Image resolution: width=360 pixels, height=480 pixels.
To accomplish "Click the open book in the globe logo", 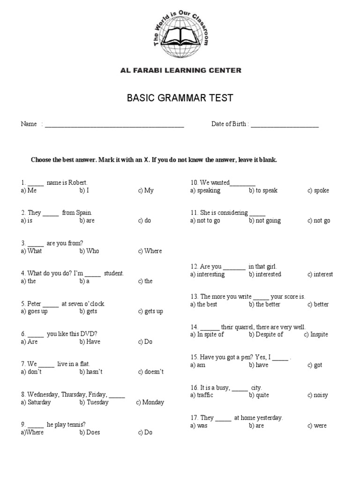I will pyautogui.click(x=180, y=36).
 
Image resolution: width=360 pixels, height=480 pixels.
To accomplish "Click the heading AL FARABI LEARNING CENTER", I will pyautogui.click(x=180, y=71).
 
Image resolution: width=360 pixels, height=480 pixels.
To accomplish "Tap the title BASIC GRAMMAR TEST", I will pyautogui.click(x=180, y=98).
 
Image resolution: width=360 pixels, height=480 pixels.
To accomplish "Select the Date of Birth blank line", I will pyautogui.click(x=285, y=125).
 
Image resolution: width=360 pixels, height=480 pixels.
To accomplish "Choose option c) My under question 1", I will pyautogui.click(x=146, y=191).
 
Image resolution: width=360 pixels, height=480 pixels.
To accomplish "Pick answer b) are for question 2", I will pyautogui.click(x=87, y=221).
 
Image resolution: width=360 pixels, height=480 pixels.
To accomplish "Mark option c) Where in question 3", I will pyautogui.click(x=150, y=251).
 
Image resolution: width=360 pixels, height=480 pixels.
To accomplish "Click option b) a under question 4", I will pyautogui.click(x=84, y=281).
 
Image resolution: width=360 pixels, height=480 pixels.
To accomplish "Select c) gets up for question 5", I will pyautogui.click(x=150, y=312).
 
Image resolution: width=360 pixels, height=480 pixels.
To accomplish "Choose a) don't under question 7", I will pyautogui.click(x=31, y=372).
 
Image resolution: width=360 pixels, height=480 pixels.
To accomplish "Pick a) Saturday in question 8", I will pyautogui.click(x=36, y=402).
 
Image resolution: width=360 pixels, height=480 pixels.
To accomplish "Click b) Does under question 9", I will pyautogui.click(x=90, y=433).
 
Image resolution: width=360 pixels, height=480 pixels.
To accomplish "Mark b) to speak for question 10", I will pyautogui.click(x=263, y=191).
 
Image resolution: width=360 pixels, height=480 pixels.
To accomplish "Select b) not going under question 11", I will pyautogui.click(x=265, y=221).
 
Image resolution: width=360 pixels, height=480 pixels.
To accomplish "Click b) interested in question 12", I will pyautogui.click(x=265, y=274).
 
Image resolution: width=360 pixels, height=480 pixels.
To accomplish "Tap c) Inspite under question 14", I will pyautogui.click(x=316, y=335).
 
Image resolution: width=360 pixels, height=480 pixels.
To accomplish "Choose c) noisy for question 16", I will pyautogui.click(x=318, y=395).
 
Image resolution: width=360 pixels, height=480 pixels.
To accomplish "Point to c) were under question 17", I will pyautogui.click(x=317, y=426).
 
